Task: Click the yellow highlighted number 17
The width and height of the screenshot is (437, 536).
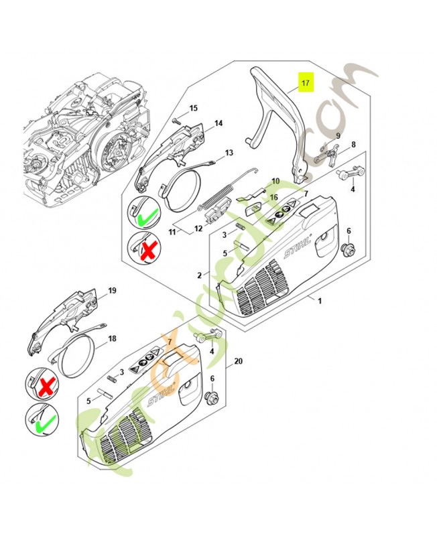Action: tap(306, 84)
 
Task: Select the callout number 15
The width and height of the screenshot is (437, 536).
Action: tap(193, 108)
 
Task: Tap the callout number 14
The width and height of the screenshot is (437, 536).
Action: tap(218, 123)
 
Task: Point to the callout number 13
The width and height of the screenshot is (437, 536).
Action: tap(229, 153)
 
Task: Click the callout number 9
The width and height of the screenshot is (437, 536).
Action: tap(338, 136)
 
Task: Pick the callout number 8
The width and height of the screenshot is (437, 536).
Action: tap(353, 144)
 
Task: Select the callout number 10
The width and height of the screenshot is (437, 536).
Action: tap(275, 181)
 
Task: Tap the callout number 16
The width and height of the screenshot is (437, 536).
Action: tap(273, 197)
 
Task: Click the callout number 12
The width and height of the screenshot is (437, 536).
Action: tap(198, 228)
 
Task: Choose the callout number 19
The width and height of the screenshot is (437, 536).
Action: tap(112, 291)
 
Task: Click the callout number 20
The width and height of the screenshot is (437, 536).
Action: tap(239, 361)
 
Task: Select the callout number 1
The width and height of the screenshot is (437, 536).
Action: tap(319, 301)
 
